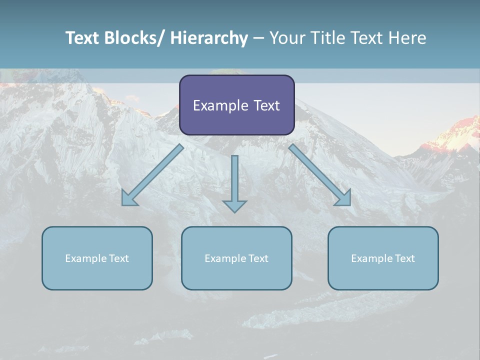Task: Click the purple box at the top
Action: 236,105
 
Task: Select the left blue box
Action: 97,258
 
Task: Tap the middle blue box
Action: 236,258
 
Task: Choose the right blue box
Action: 383,258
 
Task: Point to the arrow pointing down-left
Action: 152,175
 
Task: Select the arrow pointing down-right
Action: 320,175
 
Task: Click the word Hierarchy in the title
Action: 209,38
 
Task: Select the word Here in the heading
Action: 408,38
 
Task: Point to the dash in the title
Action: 258,38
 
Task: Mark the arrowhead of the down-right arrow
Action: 344,199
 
